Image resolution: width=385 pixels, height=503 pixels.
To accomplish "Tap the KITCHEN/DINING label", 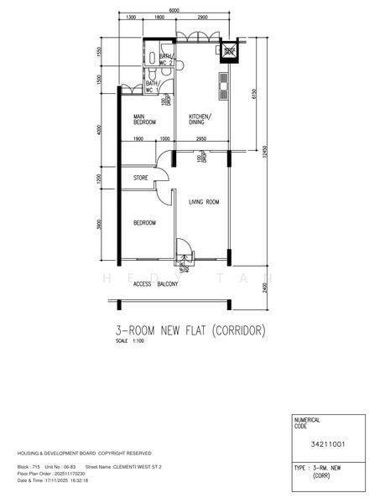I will [200, 119].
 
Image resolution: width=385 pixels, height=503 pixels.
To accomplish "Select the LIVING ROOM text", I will [203, 202].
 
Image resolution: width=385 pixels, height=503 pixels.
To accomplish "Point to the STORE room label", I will [140, 177].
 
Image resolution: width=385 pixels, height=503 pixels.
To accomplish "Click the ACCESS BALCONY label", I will [155, 284].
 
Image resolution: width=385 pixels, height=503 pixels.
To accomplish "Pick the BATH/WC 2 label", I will [165, 60].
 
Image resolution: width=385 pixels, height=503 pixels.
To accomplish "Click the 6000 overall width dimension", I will [173, 10].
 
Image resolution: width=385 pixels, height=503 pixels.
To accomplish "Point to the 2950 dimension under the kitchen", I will [201, 139].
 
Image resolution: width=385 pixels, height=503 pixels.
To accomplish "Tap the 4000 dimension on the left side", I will [99, 130].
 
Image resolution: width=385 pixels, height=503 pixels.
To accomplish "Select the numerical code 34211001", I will [329, 444].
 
